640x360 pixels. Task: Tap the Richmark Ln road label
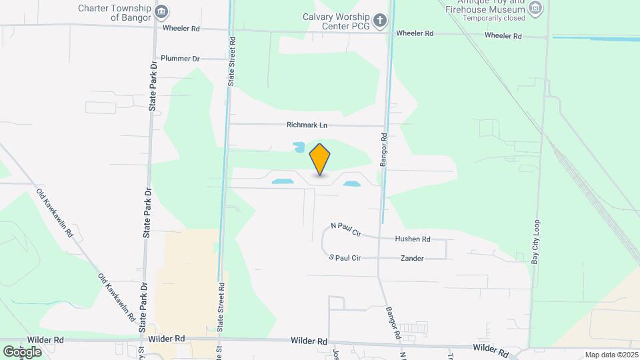(x=307, y=125)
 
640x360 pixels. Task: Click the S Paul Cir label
(x=345, y=257)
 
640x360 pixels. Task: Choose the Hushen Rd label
(x=413, y=239)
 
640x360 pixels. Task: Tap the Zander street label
(x=411, y=258)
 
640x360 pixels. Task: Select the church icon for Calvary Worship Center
(x=380, y=20)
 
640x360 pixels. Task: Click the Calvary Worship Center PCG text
(x=336, y=21)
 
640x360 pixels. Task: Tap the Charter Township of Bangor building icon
(x=161, y=12)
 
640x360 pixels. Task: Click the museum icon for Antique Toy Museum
(x=535, y=9)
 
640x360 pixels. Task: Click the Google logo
(x=22, y=351)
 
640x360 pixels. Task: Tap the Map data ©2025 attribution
(x=610, y=355)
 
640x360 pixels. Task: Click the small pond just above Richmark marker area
(x=299, y=146)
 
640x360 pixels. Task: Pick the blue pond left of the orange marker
(x=281, y=180)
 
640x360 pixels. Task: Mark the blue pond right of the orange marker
(x=351, y=183)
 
